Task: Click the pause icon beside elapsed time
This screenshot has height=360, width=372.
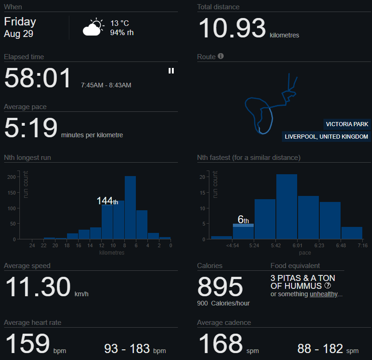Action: point(171,71)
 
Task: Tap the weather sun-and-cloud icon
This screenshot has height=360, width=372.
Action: point(92,28)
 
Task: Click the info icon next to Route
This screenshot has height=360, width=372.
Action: point(220,56)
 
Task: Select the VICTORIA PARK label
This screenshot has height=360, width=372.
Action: point(347,124)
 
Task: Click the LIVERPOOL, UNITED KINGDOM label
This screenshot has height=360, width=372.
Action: point(326,137)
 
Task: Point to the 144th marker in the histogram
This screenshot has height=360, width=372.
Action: point(107,201)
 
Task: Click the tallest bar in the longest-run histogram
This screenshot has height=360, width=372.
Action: point(130,207)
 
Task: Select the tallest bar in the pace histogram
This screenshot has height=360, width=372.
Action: point(287,207)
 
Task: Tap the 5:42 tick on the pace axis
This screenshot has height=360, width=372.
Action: point(276,245)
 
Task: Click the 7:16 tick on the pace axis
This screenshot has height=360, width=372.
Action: point(362,245)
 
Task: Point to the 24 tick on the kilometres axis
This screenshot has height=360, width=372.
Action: point(32,245)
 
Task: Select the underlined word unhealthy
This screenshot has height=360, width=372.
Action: point(323,294)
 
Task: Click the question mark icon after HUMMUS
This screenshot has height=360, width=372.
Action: point(328,286)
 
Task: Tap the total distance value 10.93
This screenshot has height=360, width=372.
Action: point(232,28)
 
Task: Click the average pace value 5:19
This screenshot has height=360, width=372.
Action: point(30,128)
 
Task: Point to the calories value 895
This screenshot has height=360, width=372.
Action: point(220,287)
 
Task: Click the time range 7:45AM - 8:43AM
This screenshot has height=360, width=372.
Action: point(106,85)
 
